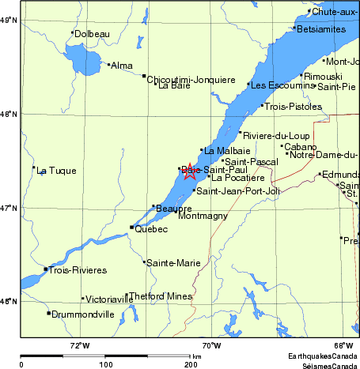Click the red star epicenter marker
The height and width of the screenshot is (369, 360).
click(190, 171)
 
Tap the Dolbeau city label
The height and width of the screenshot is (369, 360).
click(92, 33)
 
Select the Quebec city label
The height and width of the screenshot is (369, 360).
click(152, 229)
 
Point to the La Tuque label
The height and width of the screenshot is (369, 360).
click(57, 171)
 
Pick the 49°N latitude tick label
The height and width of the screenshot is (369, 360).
click(9, 20)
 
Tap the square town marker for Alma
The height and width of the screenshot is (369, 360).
click(109, 64)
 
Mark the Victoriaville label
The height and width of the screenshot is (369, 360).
click(109, 299)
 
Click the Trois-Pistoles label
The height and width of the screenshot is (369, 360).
click(293, 106)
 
